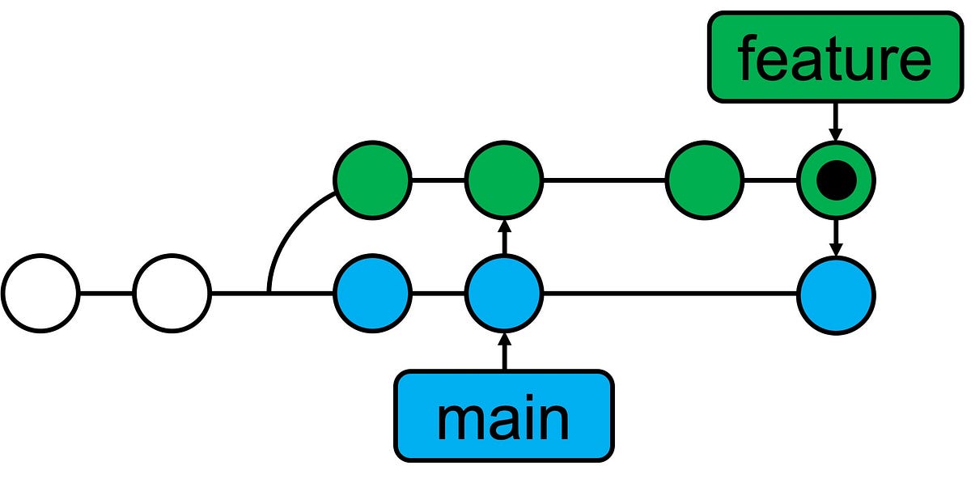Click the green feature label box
click(833, 58)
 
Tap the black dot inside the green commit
click(836, 180)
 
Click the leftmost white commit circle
click(40, 293)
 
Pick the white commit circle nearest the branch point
click(172, 293)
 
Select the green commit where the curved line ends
click(373, 180)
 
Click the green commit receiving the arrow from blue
click(504, 180)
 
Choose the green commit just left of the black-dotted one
click(704, 180)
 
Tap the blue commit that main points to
click(504, 293)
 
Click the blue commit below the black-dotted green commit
click(836, 293)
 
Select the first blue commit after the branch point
click(373, 293)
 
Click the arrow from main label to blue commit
click(504, 351)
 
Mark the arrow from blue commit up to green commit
click(504, 236)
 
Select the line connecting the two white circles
click(107, 293)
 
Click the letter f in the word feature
click(748, 58)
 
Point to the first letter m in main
click(456, 419)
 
